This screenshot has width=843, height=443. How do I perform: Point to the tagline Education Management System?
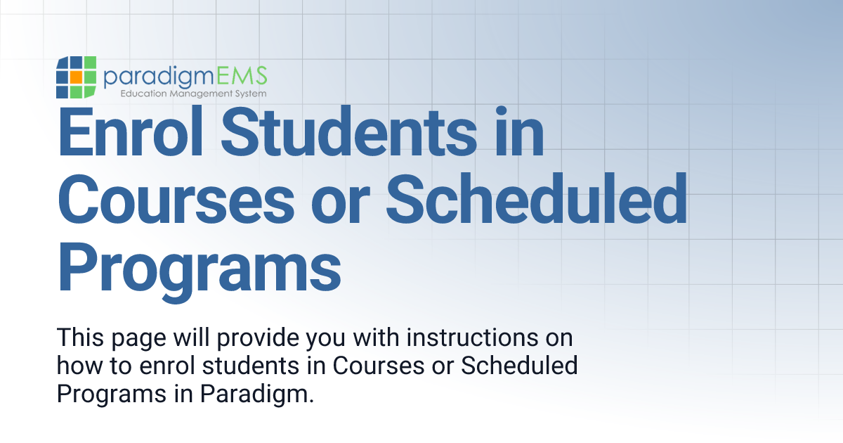(193, 93)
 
